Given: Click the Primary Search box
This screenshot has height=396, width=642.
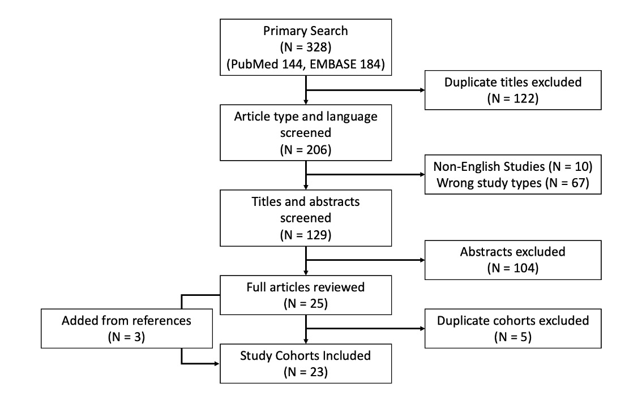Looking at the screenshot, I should (x=306, y=46).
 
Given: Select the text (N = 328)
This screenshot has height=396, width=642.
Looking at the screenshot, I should (x=306, y=46).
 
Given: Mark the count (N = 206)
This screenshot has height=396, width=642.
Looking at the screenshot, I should (x=306, y=150).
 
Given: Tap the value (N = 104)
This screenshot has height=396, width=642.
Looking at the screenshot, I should (x=513, y=269).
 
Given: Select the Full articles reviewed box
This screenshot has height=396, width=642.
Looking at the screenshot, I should (x=306, y=295).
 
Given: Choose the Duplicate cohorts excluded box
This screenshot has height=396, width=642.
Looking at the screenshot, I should (x=513, y=329).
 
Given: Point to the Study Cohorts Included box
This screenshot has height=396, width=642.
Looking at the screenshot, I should (x=306, y=364).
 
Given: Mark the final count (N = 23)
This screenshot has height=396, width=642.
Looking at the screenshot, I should (x=306, y=373).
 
